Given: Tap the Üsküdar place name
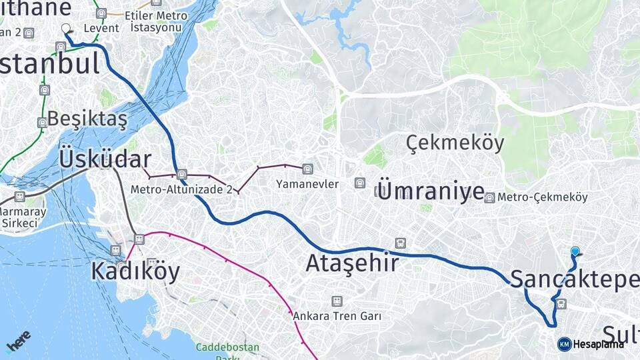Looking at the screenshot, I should [105, 159].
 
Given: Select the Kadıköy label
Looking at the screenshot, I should [135, 271].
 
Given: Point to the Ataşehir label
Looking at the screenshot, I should [352, 263].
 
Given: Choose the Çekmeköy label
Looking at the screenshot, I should [455, 143].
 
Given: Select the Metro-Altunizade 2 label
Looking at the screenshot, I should [181, 189].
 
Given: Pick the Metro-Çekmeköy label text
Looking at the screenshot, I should [543, 197].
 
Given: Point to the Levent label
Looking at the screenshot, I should [101, 29].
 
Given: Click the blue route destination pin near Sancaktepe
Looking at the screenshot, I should [575, 252].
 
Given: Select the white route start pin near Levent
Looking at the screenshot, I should [66, 29].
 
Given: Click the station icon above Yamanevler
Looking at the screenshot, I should [307, 169].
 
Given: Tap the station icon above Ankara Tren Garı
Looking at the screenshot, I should [337, 301].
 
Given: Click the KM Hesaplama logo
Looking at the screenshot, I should [591, 344].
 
